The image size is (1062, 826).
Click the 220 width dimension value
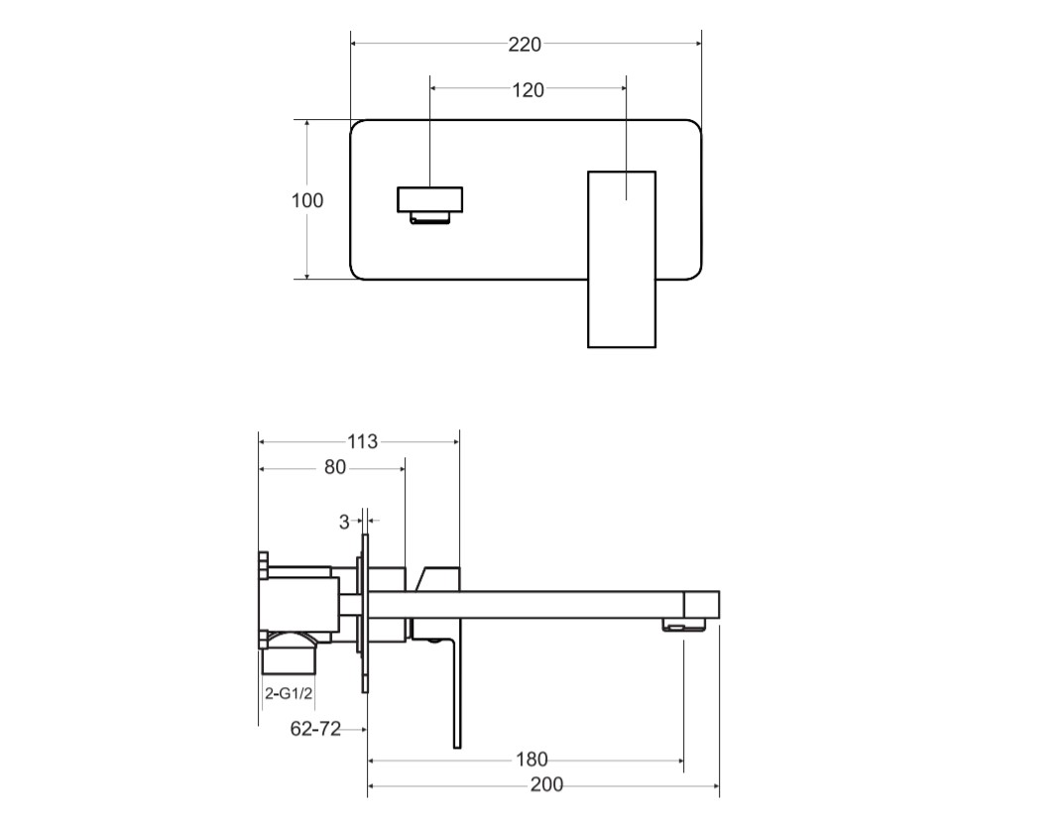tap(525, 45)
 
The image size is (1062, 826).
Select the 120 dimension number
tap(528, 90)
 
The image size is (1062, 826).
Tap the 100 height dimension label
tap(306, 200)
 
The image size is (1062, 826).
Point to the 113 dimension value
tap(362, 442)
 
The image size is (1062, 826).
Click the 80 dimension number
tap(334, 468)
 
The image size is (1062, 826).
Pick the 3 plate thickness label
tap(344, 522)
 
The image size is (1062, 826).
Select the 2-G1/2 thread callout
tap(289, 693)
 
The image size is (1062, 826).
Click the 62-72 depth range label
tap(315, 729)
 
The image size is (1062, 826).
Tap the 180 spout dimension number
tap(531, 760)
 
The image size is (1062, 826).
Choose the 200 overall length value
tap(546, 784)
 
